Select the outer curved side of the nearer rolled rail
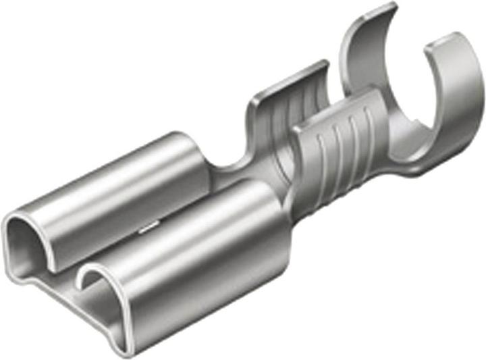point(202,284)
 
